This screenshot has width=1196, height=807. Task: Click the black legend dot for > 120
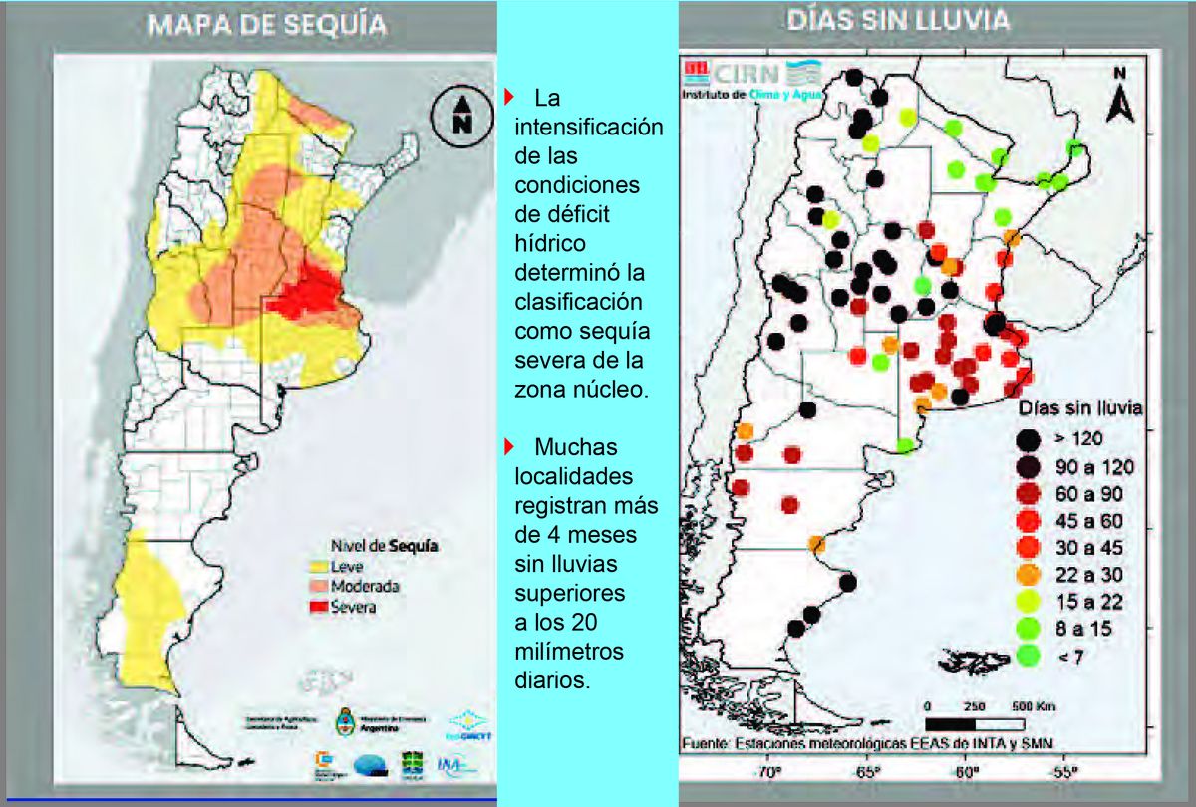coord(1030,437)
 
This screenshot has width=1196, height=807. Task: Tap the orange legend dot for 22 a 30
coord(1030,574)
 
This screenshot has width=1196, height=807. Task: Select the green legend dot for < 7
coord(1030,656)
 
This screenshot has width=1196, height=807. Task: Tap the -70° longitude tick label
coord(766,772)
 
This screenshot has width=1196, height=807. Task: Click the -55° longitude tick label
coord(1062,772)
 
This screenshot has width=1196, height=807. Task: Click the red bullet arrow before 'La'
coord(508,97)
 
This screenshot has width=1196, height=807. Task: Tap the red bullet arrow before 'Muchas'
coord(508,445)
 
